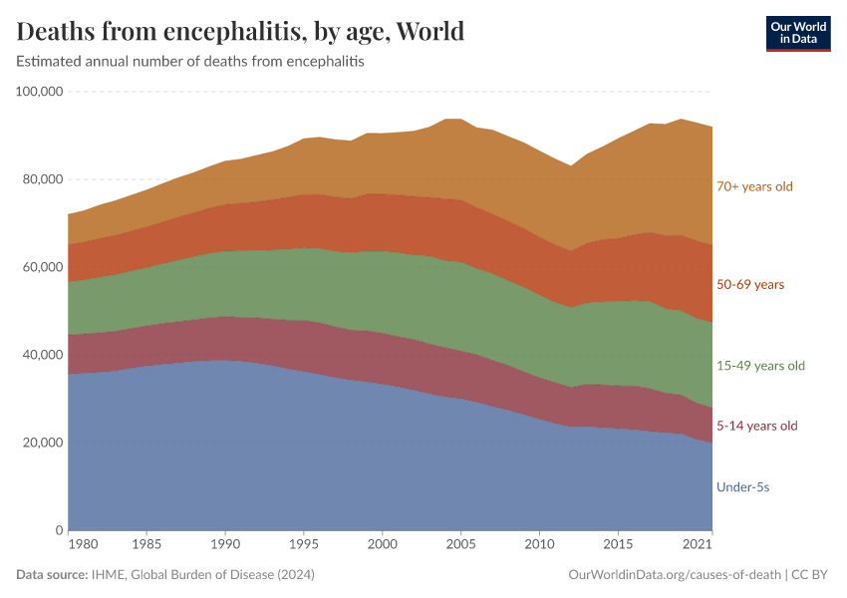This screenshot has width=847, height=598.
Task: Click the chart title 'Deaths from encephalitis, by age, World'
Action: [240, 31]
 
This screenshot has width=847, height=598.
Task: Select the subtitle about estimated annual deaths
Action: [190, 62]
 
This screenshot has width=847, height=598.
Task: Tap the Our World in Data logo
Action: [797, 33]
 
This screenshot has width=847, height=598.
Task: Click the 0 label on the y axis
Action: [59, 530]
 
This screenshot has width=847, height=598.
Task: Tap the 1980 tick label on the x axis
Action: [84, 546]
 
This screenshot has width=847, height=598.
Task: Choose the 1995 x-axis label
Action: [304, 546]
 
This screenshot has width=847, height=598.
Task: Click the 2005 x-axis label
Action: [460, 546]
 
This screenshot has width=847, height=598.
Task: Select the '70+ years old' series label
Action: [754, 186]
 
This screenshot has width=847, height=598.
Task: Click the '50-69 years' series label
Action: [749, 285]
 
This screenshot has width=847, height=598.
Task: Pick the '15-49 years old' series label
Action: [759, 366]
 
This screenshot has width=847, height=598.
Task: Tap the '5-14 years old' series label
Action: [756, 427]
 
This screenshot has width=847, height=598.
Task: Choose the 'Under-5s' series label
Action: [742, 487]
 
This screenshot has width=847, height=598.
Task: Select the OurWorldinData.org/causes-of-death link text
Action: [674, 575]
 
